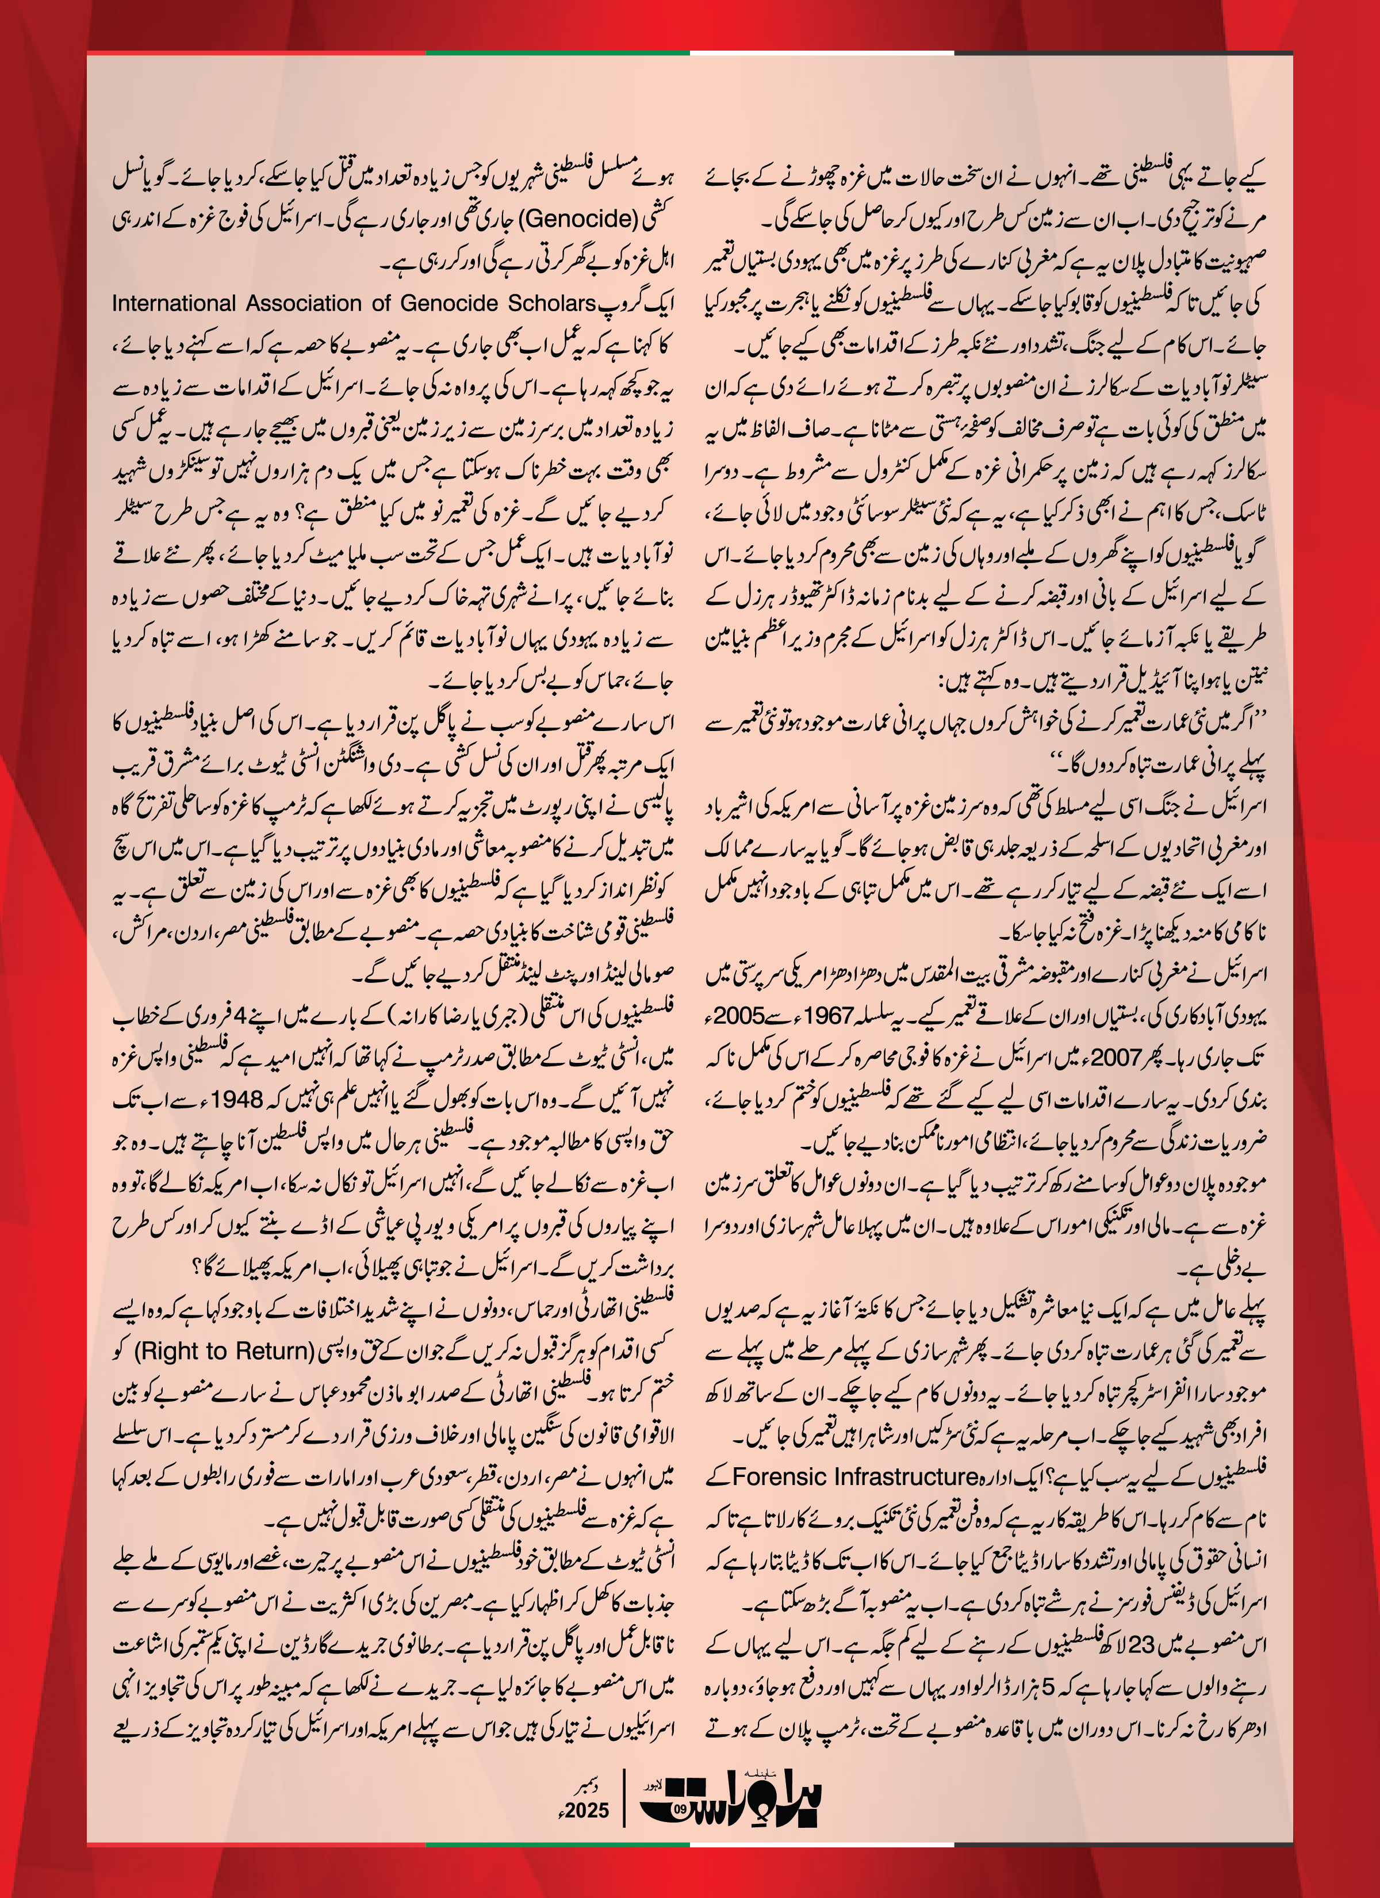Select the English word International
(x=174, y=303)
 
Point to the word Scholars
(x=551, y=303)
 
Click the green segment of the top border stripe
(x=557, y=53)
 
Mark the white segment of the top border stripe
(x=822, y=53)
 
